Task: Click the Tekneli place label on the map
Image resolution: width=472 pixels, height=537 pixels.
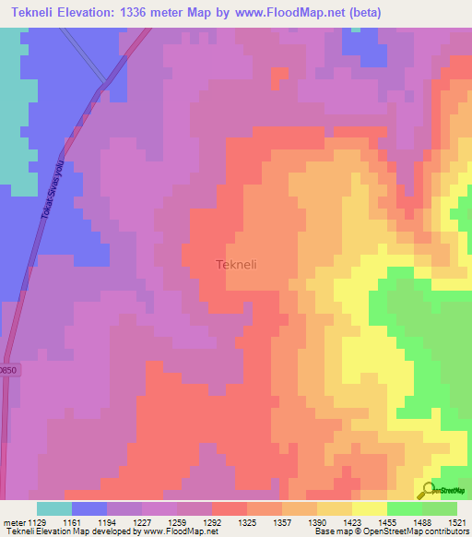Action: [x=236, y=265]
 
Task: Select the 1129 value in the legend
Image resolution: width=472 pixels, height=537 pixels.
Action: [x=36, y=523]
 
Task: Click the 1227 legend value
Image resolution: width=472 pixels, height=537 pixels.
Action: [x=140, y=523]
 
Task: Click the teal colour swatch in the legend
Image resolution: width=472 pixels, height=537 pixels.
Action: [x=54, y=508]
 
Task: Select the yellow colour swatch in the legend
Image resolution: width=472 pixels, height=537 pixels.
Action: [x=369, y=508]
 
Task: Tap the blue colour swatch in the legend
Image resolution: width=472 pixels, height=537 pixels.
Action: [x=89, y=508]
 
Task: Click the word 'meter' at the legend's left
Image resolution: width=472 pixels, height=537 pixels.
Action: [x=12, y=523]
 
